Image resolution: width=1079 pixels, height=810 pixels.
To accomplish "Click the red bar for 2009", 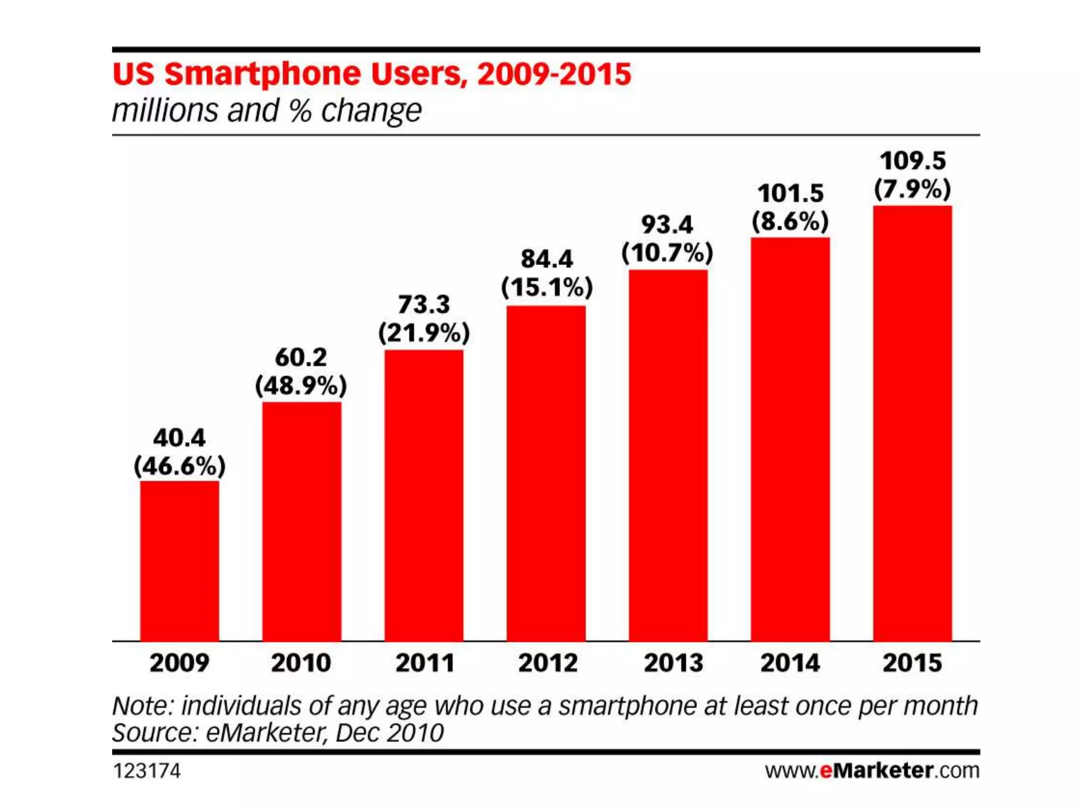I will [179, 561].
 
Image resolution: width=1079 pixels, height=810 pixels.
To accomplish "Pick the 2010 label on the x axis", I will [301, 663].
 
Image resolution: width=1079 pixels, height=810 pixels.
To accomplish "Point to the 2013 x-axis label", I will [673, 663].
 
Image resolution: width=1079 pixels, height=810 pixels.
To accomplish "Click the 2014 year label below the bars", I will [790, 663].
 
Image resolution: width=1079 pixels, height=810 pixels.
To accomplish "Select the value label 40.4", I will [179, 438].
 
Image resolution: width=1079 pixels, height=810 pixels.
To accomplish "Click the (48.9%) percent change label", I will [301, 386].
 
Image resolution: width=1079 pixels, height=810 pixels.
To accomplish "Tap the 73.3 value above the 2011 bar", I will [424, 304].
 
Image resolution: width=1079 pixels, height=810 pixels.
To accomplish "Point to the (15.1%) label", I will [547, 287].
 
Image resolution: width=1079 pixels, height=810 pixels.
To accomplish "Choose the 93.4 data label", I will [667, 225].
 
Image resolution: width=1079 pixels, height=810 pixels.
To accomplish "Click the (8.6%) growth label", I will [790, 221].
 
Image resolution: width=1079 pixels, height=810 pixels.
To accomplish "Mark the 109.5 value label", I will [913, 161].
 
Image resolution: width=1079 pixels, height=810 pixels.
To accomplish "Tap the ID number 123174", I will [146, 771].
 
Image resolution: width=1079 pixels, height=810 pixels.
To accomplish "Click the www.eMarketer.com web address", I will [872, 770].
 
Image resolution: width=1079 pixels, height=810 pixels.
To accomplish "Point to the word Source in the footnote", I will [154, 733].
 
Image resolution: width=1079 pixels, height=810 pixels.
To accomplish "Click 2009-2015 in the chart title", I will [554, 74].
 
